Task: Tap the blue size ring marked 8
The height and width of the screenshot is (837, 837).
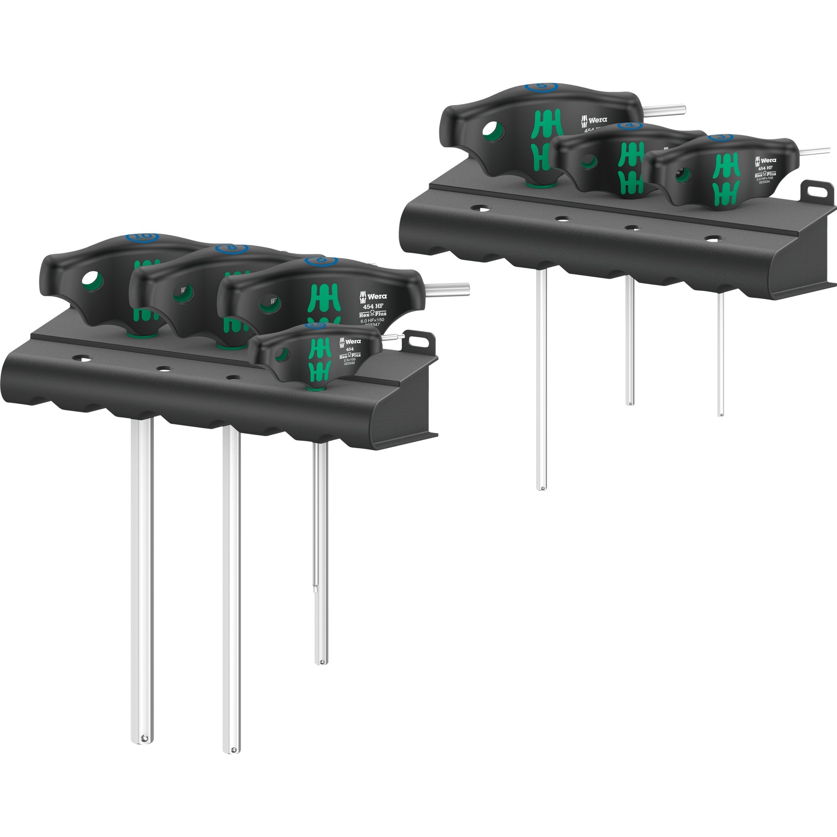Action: pos(232,248)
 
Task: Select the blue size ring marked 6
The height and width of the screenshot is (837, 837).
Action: pos(321,260)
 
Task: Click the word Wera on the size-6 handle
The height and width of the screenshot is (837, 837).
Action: pos(377,297)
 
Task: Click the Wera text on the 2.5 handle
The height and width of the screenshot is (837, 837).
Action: pos(353,341)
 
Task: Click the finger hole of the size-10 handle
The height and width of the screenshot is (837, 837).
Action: pos(91,280)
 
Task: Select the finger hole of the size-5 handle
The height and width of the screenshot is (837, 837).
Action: pos(493,130)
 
